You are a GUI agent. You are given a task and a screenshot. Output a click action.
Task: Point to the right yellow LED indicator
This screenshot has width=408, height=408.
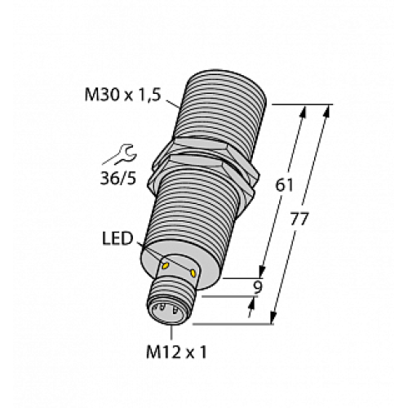(193, 273)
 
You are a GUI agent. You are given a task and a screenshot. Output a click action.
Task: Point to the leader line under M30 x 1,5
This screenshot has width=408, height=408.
(171, 103)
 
